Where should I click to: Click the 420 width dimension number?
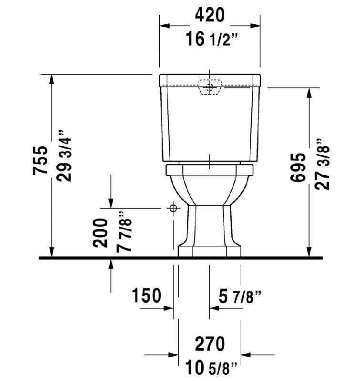pos(209,15)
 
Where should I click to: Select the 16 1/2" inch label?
pos(211,39)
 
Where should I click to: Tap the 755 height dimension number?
pos(41,160)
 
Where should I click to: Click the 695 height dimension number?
pos(298,167)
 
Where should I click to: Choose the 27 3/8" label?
pos(322,164)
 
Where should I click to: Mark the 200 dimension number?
pos(100,233)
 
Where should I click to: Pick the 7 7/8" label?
pos(124,232)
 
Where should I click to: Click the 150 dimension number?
pos(146,295)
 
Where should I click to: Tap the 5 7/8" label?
pos(240,297)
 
